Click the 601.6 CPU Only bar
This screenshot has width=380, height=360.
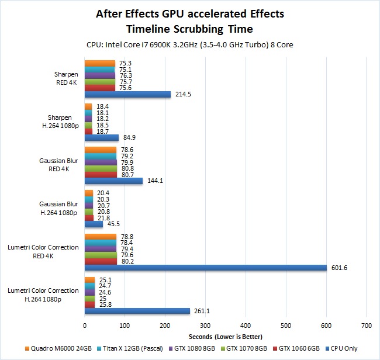pos(206,268)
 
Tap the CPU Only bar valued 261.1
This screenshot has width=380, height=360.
pos(137,311)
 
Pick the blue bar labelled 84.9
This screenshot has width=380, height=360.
pos(102,138)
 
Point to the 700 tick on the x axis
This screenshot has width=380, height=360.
pos(367,325)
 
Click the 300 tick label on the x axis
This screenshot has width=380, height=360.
pos(206,325)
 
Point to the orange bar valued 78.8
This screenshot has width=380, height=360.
pos(101,237)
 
